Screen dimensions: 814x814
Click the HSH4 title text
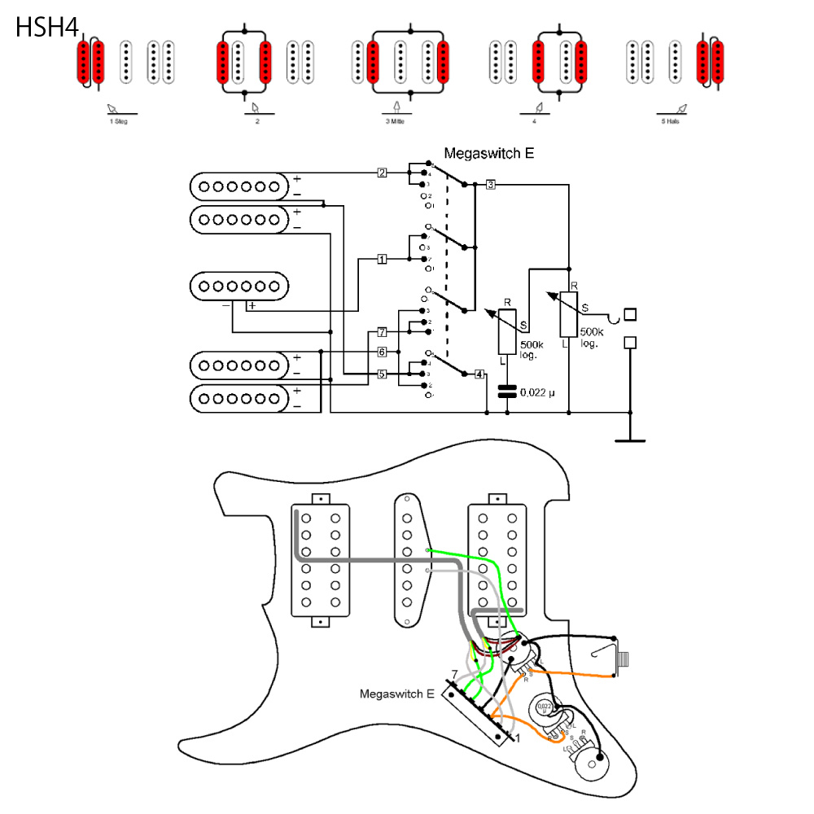[x=46, y=28]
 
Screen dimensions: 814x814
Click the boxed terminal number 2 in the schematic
[x=382, y=173]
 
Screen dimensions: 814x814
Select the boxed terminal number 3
[x=490, y=185]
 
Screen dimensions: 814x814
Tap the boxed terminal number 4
[x=479, y=374]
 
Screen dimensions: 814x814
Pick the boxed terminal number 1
[x=382, y=260]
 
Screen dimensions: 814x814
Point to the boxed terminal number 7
[x=382, y=332]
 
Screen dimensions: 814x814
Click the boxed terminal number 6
[x=382, y=352]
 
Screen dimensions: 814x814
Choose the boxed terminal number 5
[x=382, y=374]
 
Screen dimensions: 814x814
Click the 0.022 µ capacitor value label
[x=537, y=393]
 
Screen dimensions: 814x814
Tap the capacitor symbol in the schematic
[x=507, y=392]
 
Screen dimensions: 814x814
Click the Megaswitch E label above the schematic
[x=488, y=153]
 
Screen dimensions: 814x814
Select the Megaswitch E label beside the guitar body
[x=397, y=694]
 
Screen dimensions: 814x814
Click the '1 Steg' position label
[x=119, y=120]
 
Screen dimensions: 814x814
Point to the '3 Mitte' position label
[x=398, y=120]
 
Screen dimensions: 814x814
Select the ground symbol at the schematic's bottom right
[x=630, y=440]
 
